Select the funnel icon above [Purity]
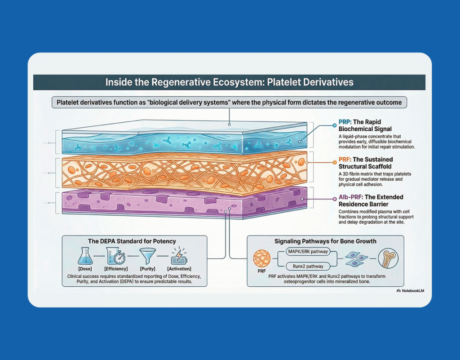click(148, 256)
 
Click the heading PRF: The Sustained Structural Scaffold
click(365, 162)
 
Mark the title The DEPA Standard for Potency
click(132, 241)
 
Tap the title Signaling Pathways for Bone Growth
click(325, 241)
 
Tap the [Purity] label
click(148, 268)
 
